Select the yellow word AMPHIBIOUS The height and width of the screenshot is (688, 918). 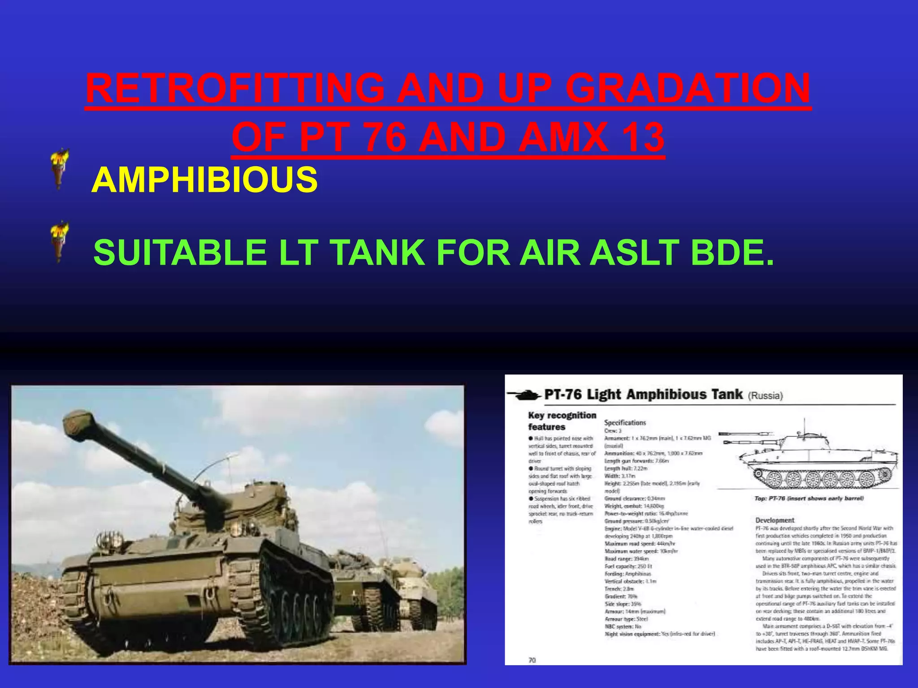(x=204, y=180)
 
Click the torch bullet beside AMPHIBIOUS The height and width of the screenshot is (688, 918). (x=59, y=169)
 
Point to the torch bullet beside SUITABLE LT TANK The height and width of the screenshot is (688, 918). (x=59, y=241)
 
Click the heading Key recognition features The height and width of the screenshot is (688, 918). (x=562, y=421)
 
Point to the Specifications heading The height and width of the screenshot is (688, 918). (x=625, y=422)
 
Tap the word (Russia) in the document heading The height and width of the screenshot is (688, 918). (x=765, y=396)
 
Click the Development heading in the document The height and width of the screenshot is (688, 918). (x=775, y=520)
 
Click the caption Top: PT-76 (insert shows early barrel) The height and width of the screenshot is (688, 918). (x=809, y=499)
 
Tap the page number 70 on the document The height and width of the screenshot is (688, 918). (x=532, y=660)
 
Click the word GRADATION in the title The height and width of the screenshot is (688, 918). (x=688, y=88)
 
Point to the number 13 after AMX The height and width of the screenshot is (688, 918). (x=643, y=138)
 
